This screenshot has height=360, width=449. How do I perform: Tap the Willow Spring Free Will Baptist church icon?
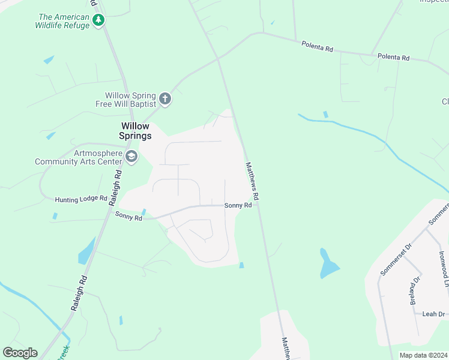(166, 99)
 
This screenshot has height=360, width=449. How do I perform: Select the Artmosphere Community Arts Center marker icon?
(131, 157)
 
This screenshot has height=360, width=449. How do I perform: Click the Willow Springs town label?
(136, 131)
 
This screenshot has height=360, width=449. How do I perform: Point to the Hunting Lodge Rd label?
(80, 199)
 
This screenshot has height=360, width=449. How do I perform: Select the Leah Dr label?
(433, 314)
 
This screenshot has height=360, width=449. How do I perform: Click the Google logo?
(20, 353)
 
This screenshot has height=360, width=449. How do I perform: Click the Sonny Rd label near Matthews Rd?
(238, 205)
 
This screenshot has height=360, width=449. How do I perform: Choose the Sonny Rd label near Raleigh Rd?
(128, 217)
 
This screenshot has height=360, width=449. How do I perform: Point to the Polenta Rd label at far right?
(393, 58)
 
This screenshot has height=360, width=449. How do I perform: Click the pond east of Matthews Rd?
(328, 263)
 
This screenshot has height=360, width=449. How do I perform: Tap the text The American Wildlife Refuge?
(63, 21)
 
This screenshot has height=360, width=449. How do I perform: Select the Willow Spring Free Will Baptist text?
(130, 100)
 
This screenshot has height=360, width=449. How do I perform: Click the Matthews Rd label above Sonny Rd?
(252, 181)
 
